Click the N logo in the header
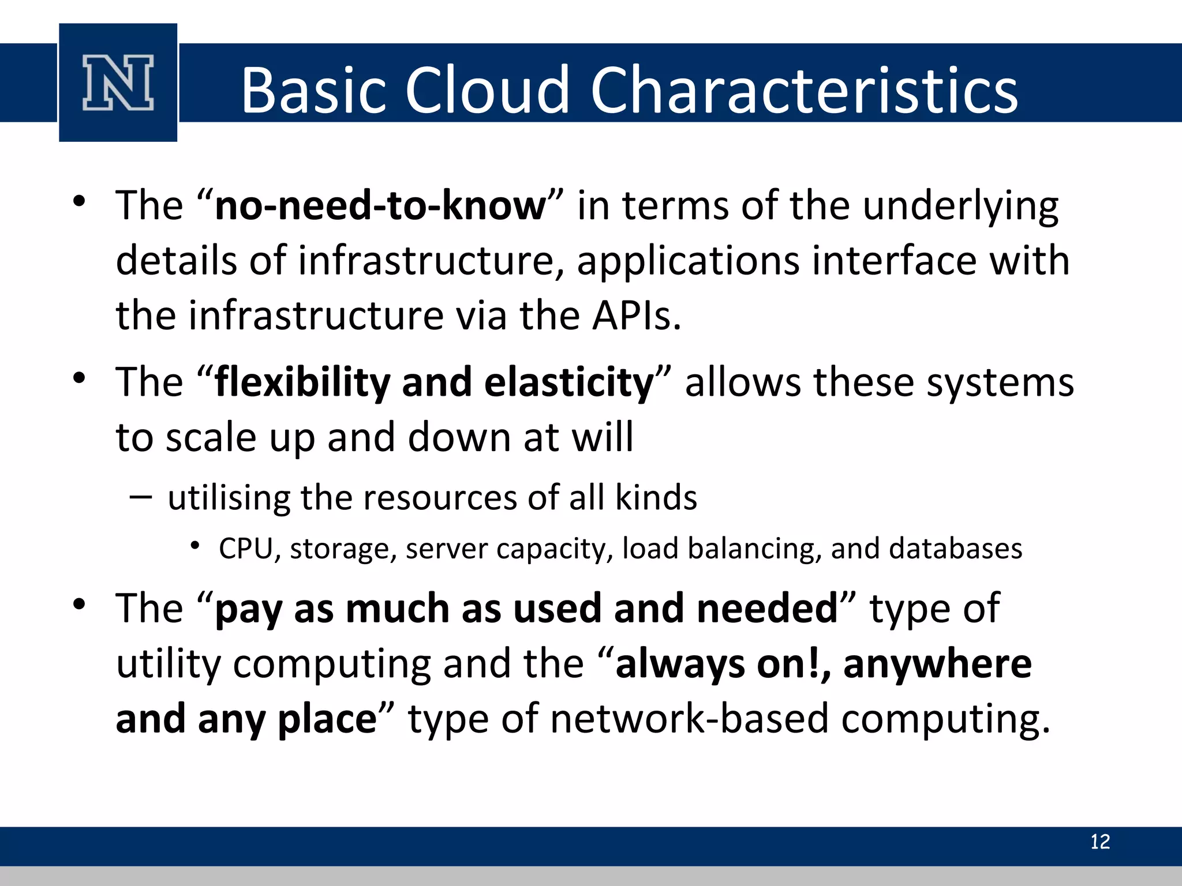118,82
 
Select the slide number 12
1099,842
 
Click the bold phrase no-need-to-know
380,206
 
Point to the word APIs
635,316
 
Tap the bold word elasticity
568,383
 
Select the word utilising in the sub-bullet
229,497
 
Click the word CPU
246,549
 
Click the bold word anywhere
937,664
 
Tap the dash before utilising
141,497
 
